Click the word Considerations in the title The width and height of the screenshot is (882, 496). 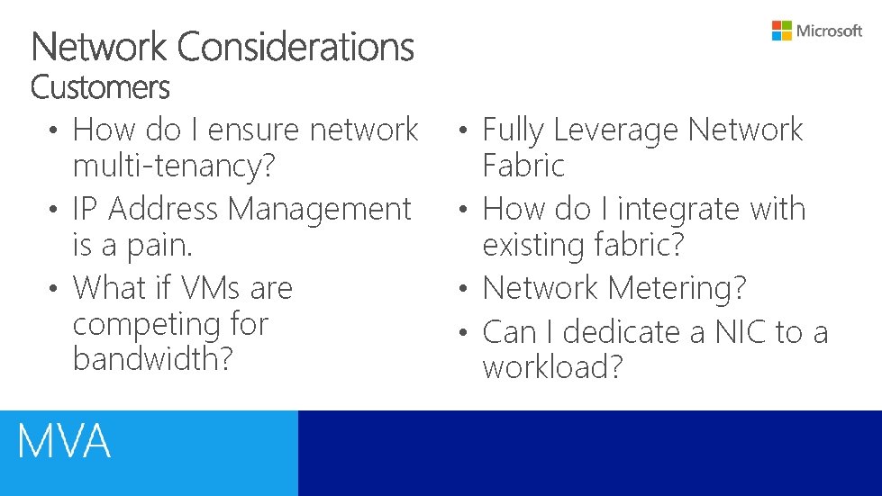[296, 47]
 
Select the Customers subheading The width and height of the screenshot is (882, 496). [99, 88]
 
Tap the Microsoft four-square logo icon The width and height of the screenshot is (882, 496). [781, 31]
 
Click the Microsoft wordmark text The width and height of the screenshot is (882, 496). [830, 31]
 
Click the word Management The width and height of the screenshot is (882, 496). [319, 209]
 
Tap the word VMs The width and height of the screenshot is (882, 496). [211, 288]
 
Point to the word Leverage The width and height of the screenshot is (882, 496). [616, 131]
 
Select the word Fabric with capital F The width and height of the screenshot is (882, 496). [523, 166]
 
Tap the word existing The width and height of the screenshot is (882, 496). [535, 245]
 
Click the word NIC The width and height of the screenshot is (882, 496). [741, 332]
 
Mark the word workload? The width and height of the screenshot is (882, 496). [552, 367]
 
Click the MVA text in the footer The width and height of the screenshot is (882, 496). [64, 442]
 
